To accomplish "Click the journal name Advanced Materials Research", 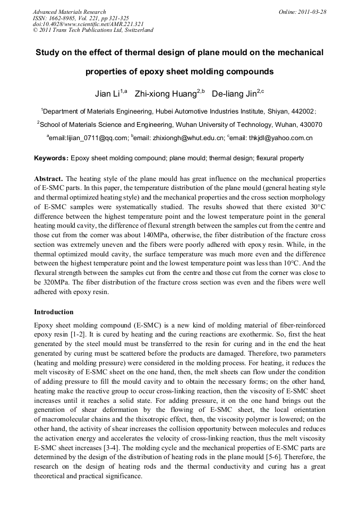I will click(70, 12).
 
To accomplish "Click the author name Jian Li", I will click(108, 94).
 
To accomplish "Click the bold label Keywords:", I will click(52, 158).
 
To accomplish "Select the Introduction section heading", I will click(54, 312).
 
